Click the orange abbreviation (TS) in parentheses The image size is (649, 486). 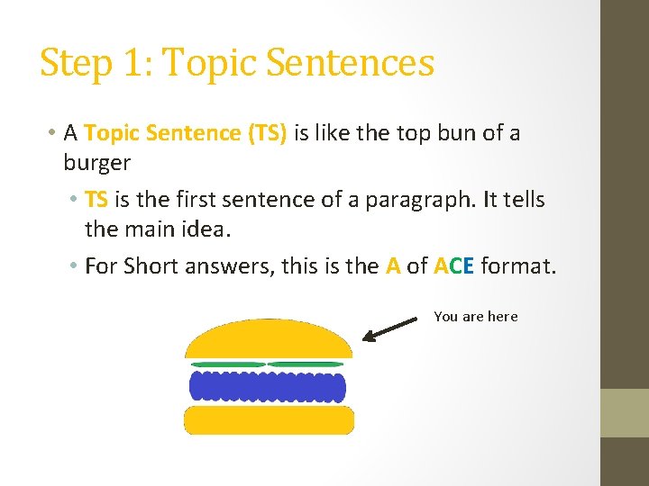(x=266, y=133)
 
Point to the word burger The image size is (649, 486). (x=96, y=163)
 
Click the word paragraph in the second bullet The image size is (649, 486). (x=420, y=199)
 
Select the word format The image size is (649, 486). (x=519, y=266)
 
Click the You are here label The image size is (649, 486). (x=476, y=316)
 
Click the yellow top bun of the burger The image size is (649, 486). (x=268, y=340)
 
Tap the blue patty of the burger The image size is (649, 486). (x=267, y=386)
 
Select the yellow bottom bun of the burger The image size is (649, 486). (x=269, y=419)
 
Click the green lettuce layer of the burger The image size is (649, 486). (x=267, y=364)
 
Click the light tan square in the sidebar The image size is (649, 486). (x=625, y=412)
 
